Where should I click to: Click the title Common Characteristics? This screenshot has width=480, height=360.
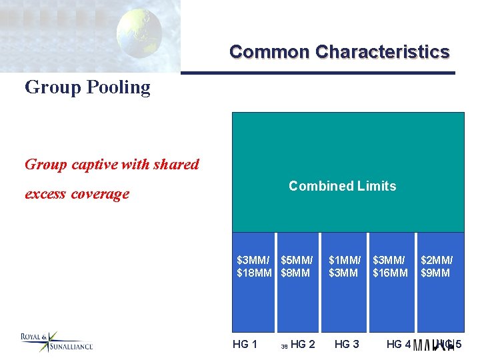click(339, 52)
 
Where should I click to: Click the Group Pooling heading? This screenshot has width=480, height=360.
click(87, 87)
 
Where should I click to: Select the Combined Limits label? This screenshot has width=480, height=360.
click(342, 187)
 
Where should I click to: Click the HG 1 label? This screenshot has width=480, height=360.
click(245, 344)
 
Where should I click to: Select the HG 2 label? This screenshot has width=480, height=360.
click(303, 344)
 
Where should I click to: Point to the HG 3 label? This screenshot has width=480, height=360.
click(347, 344)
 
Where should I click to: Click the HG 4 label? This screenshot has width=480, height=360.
click(399, 344)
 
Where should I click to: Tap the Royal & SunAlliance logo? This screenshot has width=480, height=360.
click(56, 342)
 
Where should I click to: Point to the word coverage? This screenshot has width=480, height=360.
click(102, 194)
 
